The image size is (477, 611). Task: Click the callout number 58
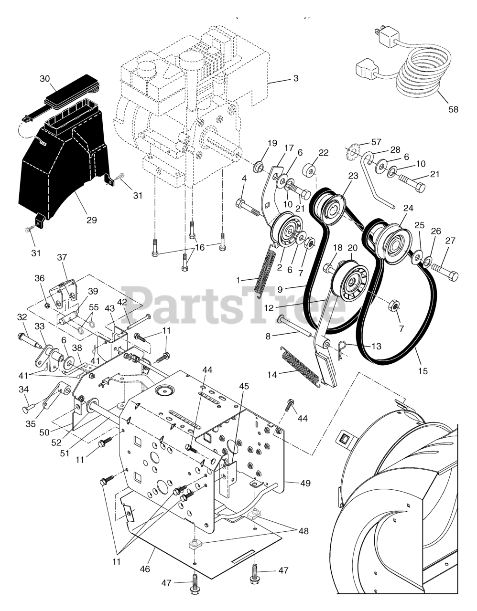click(x=453, y=109)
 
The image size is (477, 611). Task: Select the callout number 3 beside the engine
click(x=296, y=78)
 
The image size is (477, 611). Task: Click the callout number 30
click(x=44, y=79)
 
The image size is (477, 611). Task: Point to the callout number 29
click(x=91, y=220)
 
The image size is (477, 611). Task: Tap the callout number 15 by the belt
click(x=423, y=370)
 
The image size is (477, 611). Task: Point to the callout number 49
click(x=305, y=484)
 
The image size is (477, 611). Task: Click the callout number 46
click(x=145, y=569)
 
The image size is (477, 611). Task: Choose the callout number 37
click(x=62, y=257)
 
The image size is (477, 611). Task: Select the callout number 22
click(x=324, y=153)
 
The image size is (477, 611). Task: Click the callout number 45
click(x=244, y=387)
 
